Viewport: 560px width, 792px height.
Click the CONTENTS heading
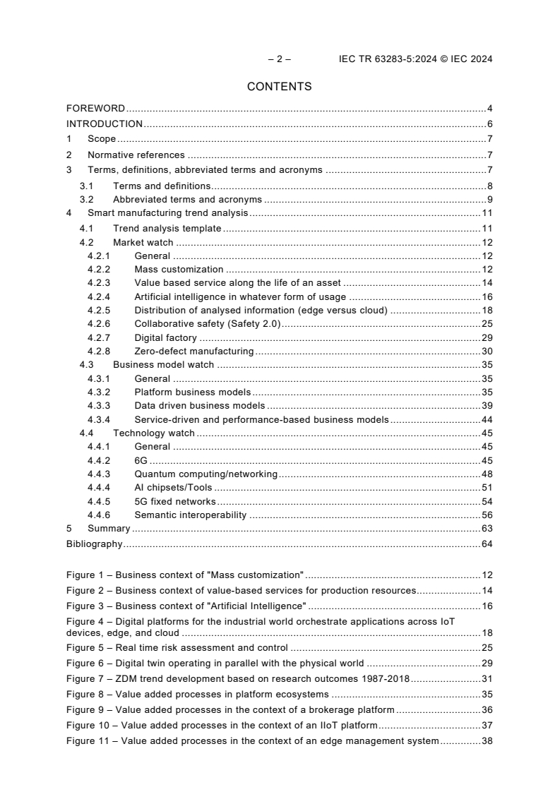[280, 87]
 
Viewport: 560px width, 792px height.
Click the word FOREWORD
[95, 109]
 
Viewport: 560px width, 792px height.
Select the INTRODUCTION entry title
[105, 124]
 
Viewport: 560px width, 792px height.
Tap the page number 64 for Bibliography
[487, 544]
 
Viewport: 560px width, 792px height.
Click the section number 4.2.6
[99, 324]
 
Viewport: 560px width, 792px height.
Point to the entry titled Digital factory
[165, 337]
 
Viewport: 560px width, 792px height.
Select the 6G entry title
[141, 460]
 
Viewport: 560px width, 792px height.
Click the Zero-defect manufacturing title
[193, 352]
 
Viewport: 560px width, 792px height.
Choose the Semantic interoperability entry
[190, 515]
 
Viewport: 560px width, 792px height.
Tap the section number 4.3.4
[99, 419]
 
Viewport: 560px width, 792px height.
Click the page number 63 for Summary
[487, 529]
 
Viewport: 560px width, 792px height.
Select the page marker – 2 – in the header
[280, 59]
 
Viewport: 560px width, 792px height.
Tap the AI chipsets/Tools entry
[173, 487]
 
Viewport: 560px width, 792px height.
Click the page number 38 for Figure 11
[487, 741]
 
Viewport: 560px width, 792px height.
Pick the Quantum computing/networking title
[205, 474]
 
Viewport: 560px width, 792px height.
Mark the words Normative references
[136, 155]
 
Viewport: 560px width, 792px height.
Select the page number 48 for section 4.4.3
[487, 474]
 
